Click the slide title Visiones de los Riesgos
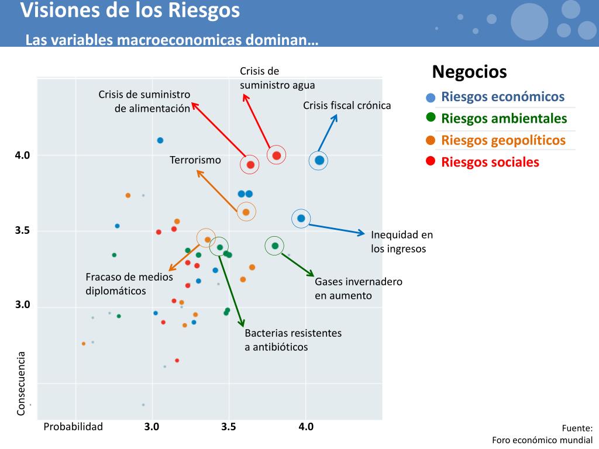click(x=130, y=11)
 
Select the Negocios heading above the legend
click(x=469, y=72)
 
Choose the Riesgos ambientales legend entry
click(x=504, y=119)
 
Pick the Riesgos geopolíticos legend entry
click(x=503, y=140)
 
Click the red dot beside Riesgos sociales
click(x=431, y=161)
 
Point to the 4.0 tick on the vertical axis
click(x=22, y=156)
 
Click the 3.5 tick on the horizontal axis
click(x=229, y=427)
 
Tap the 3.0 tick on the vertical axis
click(x=22, y=305)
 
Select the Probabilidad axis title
click(x=73, y=427)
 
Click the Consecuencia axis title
click(x=21, y=384)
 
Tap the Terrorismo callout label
click(x=195, y=160)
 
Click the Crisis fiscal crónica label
click(x=347, y=106)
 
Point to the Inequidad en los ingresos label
click(x=402, y=241)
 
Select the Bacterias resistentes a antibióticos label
click(x=293, y=340)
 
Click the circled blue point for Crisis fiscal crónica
click(x=319, y=160)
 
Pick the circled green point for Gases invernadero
click(x=275, y=246)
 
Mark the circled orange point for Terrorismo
click(x=246, y=212)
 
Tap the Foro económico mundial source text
click(x=542, y=440)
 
